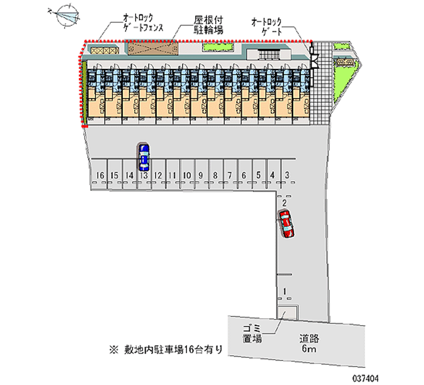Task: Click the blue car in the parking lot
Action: pyautogui.click(x=143, y=156)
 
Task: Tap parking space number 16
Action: pyautogui.click(x=100, y=175)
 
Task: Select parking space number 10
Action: pyautogui.click(x=186, y=175)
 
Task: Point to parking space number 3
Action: pyautogui.click(x=287, y=175)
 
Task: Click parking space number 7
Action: pyautogui.click(x=229, y=175)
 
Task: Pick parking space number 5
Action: pyautogui.click(x=258, y=175)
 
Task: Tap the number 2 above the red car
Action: pyautogui.click(x=285, y=203)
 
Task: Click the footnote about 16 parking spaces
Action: pyautogui.click(x=166, y=349)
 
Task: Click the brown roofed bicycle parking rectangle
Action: pyautogui.click(x=151, y=49)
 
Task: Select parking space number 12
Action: pyautogui.click(x=157, y=175)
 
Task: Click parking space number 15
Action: pyautogui.click(x=114, y=175)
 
